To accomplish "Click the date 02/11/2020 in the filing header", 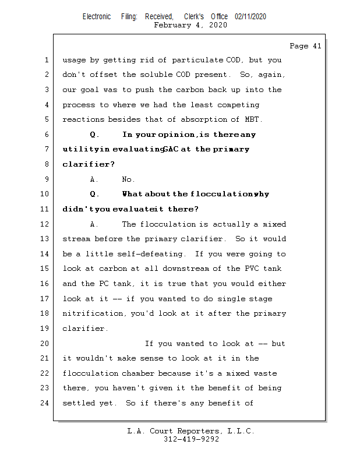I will (250, 17).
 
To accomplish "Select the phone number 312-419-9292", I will (192, 440).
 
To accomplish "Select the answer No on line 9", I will (128, 179).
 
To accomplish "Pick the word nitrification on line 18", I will (87, 313).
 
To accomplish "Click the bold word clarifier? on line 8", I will (89, 164).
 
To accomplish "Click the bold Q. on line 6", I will (96, 135).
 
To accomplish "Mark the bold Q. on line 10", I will (96, 194).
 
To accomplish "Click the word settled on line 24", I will (78, 403).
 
